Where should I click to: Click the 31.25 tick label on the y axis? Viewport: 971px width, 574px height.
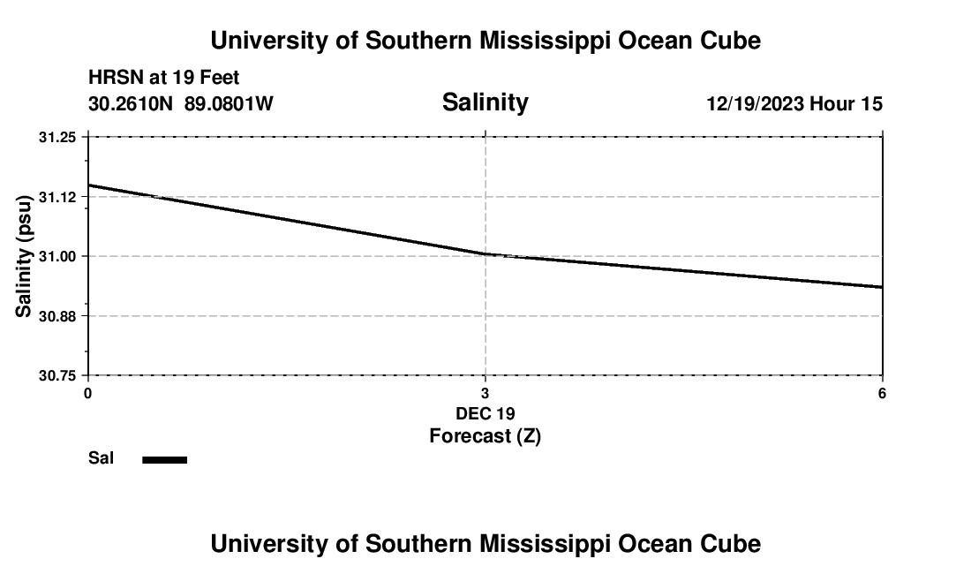(58, 137)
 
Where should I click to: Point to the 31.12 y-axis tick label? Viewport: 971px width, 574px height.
(58, 196)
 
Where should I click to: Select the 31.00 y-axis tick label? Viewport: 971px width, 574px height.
(58, 256)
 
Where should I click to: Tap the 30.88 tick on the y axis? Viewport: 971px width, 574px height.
(58, 316)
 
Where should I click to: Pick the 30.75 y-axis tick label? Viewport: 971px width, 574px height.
(58, 375)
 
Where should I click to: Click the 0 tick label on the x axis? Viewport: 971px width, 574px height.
(87, 393)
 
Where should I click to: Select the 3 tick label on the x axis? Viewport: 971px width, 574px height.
(485, 393)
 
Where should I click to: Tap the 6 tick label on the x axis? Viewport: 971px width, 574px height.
(882, 393)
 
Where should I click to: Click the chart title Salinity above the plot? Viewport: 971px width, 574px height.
(485, 102)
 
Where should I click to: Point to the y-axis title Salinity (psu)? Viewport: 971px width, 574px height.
(24, 256)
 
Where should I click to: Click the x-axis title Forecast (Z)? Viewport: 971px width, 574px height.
(485, 436)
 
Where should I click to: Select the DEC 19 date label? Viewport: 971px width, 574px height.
(485, 413)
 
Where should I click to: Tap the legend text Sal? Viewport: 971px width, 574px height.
(102, 458)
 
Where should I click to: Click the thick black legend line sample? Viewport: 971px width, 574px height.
(165, 459)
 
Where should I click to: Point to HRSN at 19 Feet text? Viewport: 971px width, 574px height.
(164, 79)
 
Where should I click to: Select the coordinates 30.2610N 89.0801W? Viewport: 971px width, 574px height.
(181, 104)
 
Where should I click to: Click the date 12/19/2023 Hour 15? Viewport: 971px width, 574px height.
(794, 104)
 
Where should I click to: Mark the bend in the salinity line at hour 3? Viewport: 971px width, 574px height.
(485, 254)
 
